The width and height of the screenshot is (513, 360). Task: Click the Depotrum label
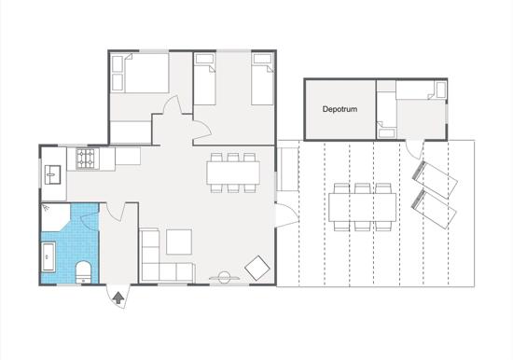[340, 109]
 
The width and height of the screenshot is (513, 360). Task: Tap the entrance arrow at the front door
[118, 298]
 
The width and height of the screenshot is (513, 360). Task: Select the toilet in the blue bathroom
[83, 272]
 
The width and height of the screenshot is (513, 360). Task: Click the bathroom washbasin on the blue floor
[49, 256]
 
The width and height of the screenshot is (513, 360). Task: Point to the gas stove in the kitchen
[88, 159]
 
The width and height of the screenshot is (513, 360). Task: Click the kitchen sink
[52, 174]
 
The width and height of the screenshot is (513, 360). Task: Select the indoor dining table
[233, 173]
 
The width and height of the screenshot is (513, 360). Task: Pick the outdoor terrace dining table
[363, 207]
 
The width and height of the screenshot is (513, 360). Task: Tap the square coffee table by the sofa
[179, 242]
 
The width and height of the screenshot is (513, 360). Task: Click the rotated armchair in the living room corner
[257, 268]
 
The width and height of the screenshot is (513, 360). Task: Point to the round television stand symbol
[225, 278]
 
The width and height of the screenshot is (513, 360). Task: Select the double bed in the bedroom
[140, 74]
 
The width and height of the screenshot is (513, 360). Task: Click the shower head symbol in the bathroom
[46, 207]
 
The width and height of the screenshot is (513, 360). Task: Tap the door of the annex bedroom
[414, 150]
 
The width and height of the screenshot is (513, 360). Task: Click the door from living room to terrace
[287, 215]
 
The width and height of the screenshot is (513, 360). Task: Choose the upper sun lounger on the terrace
[435, 180]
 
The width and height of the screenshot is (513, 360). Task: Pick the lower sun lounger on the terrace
[434, 210]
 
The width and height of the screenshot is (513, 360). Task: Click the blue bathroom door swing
[90, 220]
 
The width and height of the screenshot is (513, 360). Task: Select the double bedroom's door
[173, 105]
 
